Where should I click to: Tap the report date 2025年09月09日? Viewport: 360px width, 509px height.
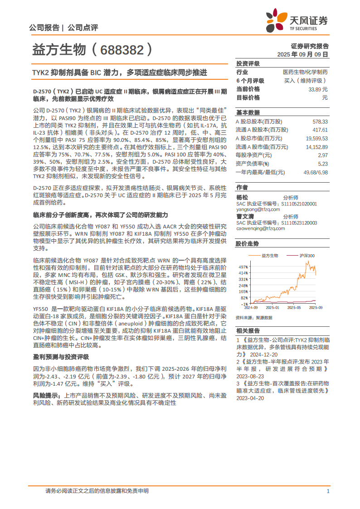pyautogui.click(x=303, y=54)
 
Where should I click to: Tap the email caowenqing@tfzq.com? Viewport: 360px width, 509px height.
pyautogui.click(x=261, y=228)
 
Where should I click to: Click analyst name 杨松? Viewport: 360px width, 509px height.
pyautogui.click(x=242, y=197)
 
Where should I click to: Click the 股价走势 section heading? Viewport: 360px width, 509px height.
pyautogui.click(x=247, y=244)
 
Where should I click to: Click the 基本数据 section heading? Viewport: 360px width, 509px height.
pyautogui.click(x=248, y=112)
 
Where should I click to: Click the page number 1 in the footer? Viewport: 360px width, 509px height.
pyautogui.click(x=327, y=491)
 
